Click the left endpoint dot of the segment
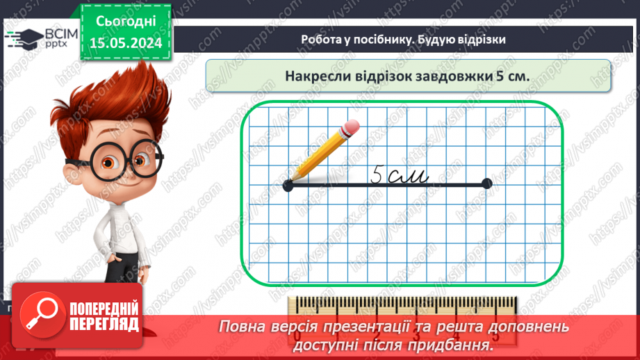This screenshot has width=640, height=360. pyautogui.click(x=288, y=185)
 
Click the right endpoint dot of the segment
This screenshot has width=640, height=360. pyautogui.click(x=486, y=184)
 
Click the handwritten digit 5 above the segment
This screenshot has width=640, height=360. pyautogui.click(x=377, y=174)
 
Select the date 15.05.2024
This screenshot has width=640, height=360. pyautogui.click(x=126, y=44)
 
